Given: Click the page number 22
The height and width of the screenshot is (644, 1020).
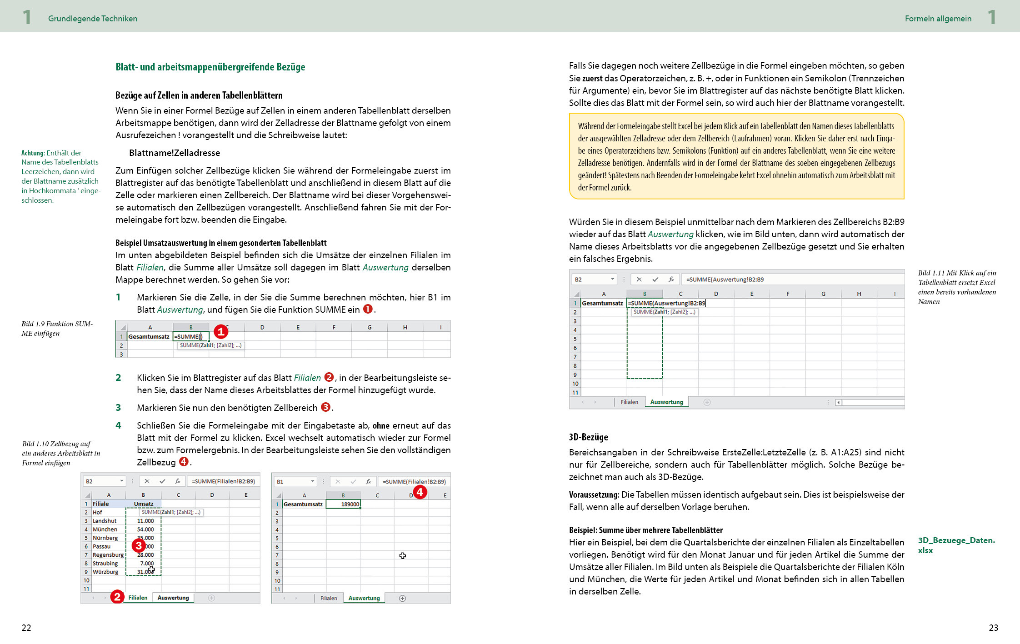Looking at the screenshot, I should [x=26, y=628].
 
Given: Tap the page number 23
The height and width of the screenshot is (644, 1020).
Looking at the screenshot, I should [x=993, y=628].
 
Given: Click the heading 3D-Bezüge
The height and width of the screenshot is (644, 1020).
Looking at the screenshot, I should [x=588, y=437].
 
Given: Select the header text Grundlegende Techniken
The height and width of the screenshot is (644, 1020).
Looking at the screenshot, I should [x=93, y=19].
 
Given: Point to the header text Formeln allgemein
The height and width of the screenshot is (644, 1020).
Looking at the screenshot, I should [x=938, y=19].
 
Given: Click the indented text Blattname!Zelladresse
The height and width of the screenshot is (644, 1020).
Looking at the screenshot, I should [x=175, y=153].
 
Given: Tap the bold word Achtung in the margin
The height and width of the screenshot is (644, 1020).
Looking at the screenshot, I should [x=33, y=153].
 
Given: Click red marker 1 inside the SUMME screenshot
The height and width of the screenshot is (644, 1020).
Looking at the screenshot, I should [x=221, y=332].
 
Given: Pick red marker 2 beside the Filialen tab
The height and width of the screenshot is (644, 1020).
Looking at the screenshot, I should [x=117, y=597].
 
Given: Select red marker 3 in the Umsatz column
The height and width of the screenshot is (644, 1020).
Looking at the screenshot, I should [x=139, y=545].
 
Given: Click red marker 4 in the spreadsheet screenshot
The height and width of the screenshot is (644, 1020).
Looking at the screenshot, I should [x=420, y=492].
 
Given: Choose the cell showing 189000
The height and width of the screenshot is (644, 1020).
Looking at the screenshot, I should [x=344, y=504].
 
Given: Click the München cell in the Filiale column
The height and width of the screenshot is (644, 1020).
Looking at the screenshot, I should [x=105, y=529].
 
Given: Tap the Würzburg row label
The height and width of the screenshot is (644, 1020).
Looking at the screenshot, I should [x=105, y=572].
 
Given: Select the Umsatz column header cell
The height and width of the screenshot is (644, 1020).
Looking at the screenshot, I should [x=144, y=504].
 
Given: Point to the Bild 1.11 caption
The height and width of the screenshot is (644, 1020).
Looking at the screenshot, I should [x=956, y=287].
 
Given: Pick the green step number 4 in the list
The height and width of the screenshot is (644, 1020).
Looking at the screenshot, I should [x=118, y=425].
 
